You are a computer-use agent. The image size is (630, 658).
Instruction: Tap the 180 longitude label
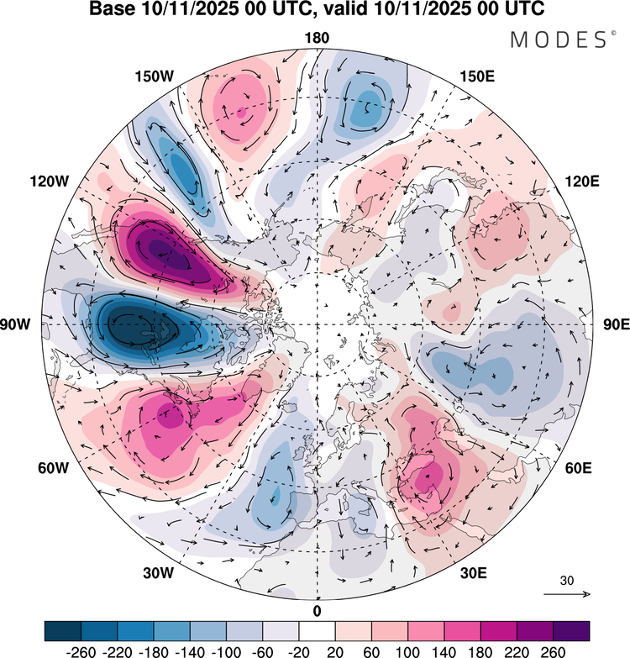(x=318, y=38)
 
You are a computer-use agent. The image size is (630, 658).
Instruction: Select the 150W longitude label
(x=154, y=76)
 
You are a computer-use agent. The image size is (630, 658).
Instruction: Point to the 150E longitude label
(x=477, y=76)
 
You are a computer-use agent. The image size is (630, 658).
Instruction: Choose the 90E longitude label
(x=617, y=324)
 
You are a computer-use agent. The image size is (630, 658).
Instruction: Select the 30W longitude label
(x=157, y=573)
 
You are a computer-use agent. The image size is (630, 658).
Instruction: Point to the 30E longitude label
(x=474, y=573)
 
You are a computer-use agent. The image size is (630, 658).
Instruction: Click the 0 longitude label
(x=317, y=610)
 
